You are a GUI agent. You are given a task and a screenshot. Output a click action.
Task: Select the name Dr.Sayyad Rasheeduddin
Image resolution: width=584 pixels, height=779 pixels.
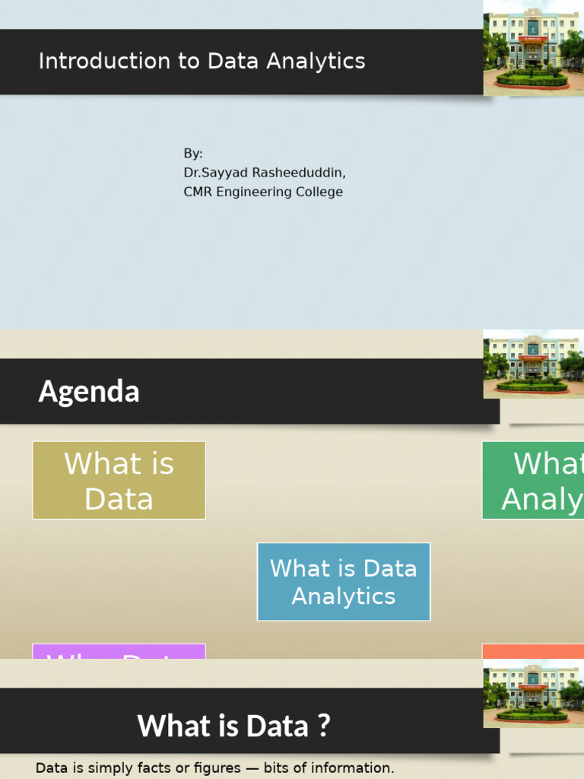pos(264,173)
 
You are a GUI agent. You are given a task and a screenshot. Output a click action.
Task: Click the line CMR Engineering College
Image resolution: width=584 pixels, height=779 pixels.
pos(263,192)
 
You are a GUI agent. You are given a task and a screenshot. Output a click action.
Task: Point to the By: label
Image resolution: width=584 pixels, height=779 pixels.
pos(193,154)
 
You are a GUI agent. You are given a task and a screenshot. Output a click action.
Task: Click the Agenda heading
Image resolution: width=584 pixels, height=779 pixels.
pos(89,392)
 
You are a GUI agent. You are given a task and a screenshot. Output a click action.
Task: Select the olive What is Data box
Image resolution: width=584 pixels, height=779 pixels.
pos(119,481)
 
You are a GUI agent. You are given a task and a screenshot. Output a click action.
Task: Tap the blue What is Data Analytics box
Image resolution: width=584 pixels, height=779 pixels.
pos(344,582)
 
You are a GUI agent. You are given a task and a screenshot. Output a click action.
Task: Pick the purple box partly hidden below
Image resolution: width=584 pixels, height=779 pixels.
pos(119,651)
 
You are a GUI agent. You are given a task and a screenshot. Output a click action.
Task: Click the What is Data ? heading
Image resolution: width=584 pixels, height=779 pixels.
pos(233,725)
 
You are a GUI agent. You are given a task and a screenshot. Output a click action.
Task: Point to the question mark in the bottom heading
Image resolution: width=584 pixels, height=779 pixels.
pos(324,725)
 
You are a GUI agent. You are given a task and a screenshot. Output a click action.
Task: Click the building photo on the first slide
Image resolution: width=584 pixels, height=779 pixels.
pos(534,48)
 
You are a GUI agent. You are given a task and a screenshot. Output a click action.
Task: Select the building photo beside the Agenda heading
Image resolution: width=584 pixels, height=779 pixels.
pos(534,364)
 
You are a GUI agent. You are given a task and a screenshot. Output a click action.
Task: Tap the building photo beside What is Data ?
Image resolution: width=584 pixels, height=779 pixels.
pos(534,693)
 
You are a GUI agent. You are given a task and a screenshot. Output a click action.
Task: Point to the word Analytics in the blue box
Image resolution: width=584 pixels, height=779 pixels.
pos(344,596)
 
